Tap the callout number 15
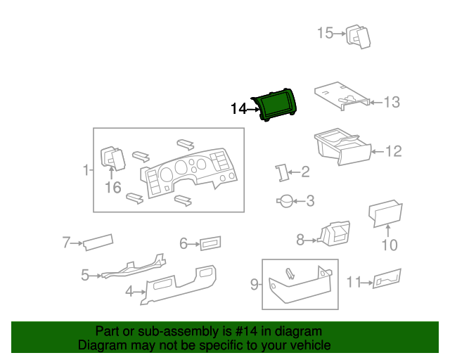[324, 32]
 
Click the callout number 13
[391, 103]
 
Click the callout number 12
[393, 150]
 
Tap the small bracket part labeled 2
[282, 172]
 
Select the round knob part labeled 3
[285, 201]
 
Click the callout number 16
[113, 188]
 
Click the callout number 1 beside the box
[86, 170]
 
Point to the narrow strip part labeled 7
[98, 242]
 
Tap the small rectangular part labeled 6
[210, 244]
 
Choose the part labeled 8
[333, 233]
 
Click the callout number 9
[255, 284]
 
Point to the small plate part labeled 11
[387, 278]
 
